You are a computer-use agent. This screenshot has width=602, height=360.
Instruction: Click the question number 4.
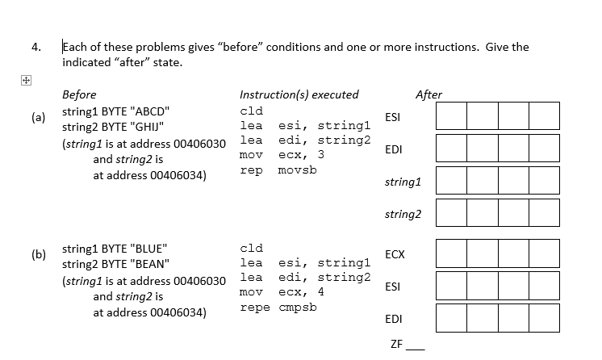coord(36,47)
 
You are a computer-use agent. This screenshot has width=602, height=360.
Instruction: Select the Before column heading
coord(79,94)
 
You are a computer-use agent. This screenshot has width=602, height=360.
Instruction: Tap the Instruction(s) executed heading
coord(299,94)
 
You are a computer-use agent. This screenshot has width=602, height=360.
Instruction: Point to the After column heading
coord(428,94)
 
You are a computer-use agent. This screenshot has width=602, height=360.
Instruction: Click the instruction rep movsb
coord(278,170)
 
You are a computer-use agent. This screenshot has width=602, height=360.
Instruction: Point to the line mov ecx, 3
coord(282,155)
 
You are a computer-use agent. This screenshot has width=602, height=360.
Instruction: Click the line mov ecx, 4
coord(282,292)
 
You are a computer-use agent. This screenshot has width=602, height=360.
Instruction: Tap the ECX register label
coord(395,254)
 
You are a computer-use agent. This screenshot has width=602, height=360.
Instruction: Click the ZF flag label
coord(395,344)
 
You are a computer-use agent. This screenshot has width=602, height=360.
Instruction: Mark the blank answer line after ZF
coord(414,347)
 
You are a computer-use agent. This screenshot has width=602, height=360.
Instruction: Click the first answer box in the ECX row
coord(450,253)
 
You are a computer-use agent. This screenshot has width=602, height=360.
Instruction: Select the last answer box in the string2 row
coord(544,213)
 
